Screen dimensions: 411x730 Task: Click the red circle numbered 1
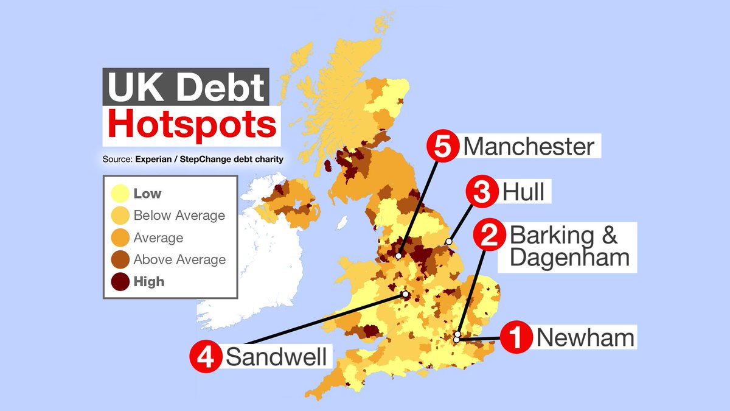516,338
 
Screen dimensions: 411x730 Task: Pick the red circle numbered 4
206,356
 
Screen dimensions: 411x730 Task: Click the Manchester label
528,147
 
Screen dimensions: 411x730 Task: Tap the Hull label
523,193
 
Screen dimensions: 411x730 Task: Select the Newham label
585,337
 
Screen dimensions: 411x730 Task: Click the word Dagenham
569,257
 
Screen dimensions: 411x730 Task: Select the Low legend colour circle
120,194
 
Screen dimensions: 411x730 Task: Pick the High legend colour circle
120,281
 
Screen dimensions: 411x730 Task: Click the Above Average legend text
179,259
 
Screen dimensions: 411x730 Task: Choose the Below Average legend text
179,216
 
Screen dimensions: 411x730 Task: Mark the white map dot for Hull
449,242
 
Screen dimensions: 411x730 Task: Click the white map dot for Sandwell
406,295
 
